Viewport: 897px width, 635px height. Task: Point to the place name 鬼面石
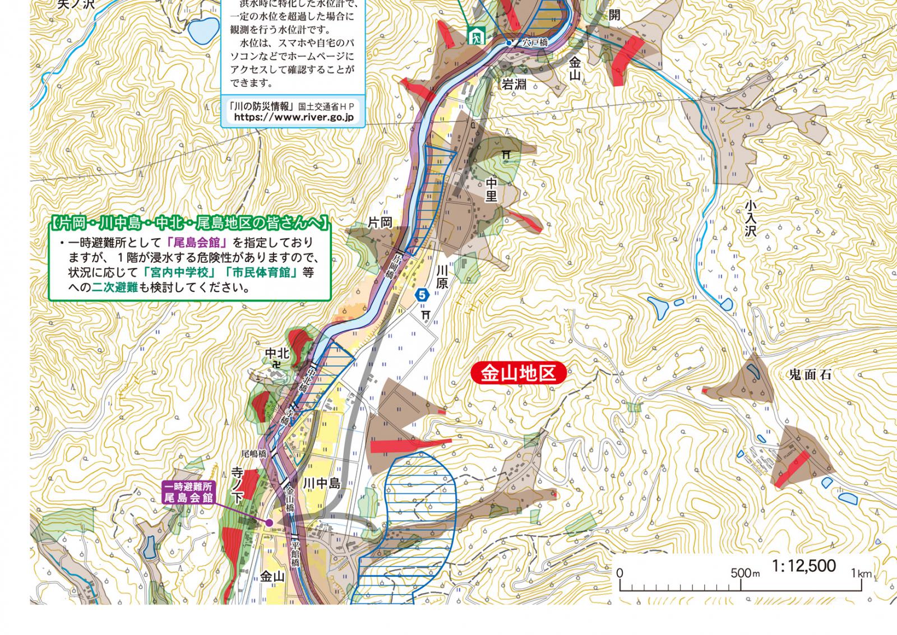(810, 376)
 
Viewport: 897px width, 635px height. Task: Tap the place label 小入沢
(751, 219)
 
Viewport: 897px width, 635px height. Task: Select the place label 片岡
(380, 223)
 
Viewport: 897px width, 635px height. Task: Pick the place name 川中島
(322, 484)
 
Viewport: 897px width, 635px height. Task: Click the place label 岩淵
(514, 85)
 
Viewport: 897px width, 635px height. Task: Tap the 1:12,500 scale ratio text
(803, 566)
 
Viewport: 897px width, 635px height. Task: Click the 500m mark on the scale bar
(741, 574)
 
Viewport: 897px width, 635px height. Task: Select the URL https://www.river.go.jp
(293, 117)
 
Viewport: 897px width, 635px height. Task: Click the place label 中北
(277, 353)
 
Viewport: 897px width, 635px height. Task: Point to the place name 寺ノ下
(238, 485)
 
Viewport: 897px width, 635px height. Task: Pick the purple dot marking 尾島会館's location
(269, 522)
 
